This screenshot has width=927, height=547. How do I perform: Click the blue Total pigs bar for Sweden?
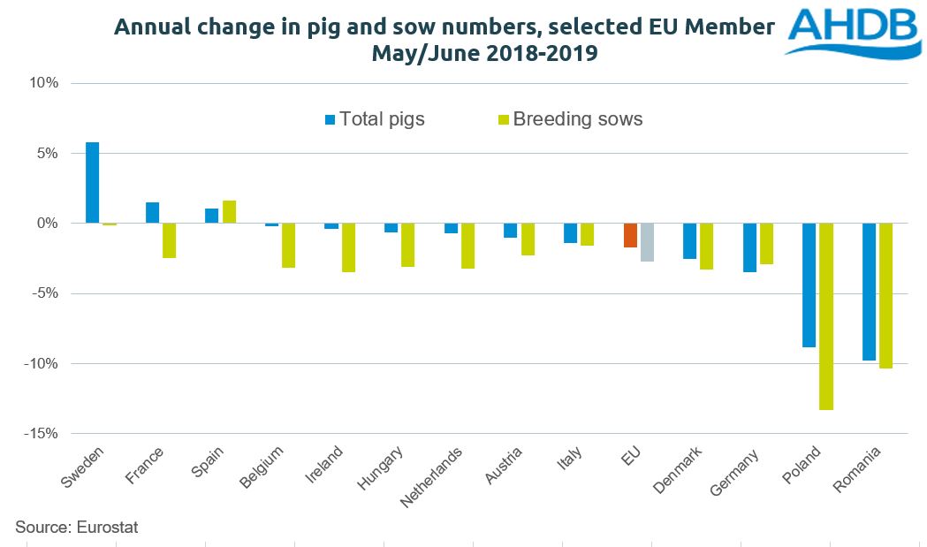[x=92, y=182]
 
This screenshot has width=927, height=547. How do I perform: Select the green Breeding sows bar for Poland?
[x=826, y=316]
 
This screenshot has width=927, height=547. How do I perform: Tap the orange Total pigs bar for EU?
[x=630, y=235]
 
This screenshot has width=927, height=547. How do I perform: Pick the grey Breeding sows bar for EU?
[x=647, y=242]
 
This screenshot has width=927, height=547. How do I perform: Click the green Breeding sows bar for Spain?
[x=229, y=212]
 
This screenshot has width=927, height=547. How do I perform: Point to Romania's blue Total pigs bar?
[x=869, y=292]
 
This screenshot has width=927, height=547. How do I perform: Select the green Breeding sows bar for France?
[x=169, y=240]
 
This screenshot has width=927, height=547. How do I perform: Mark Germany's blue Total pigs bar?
[x=749, y=247]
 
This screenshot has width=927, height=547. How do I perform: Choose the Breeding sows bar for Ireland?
[x=349, y=247]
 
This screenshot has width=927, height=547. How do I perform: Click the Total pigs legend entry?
[x=375, y=118]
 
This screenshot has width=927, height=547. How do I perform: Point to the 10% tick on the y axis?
[x=42, y=84]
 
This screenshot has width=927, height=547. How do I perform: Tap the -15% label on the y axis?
[x=40, y=434]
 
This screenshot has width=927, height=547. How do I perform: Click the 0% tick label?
[x=45, y=224]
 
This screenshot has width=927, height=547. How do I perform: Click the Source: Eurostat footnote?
[x=77, y=528]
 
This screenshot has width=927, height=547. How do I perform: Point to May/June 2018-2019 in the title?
[x=484, y=53]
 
